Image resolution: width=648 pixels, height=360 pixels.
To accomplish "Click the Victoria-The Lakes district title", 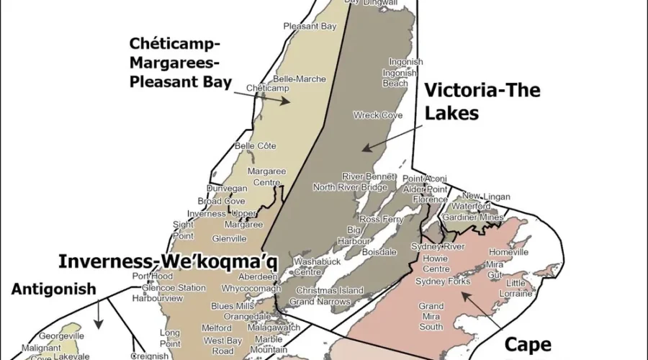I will (482, 102).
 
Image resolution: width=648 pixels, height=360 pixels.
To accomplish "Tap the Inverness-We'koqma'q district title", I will (168, 261).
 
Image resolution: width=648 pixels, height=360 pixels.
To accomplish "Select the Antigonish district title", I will (53, 289).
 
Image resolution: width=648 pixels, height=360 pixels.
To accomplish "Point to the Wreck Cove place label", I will (378, 115).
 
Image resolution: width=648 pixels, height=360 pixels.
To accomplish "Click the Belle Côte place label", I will (256, 146).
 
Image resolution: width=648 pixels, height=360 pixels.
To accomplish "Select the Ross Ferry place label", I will (382, 219).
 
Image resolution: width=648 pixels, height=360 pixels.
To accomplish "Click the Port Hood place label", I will (153, 276).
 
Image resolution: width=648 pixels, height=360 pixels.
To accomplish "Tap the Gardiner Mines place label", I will (473, 217).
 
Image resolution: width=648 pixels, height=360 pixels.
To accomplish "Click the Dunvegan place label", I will (227, 189).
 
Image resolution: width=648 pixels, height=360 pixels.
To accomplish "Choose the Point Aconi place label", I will (424, 179).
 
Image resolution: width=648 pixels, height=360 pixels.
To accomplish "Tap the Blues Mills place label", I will (233, 306).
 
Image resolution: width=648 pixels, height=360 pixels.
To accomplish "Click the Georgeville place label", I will (62, 336).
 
